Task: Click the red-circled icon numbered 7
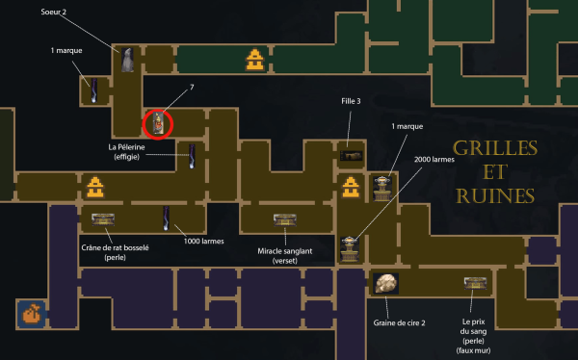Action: pyautogui.click(x=158, y=124)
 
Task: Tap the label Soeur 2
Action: pyautogui.click(x=53, y=12)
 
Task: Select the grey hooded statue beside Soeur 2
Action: pyautogui.click(x=127, y=60)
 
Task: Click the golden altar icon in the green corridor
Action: pyautogui.click(x=254, y=60)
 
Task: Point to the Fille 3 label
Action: pyautogui.click(x=351, y=101)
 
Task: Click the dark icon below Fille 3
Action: pyautogui.click(x=351, y=156)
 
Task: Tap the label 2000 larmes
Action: pyautogui.click(x=434, y=160)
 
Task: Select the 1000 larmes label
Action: pyautogui.click(x=204, y=242)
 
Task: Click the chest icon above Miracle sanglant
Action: pyautogui.click(x=285, y=220)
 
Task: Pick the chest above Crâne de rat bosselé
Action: pyautogui.click(x=103, y=219)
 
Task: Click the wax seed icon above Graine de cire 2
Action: pyautogui.click(x=385, y=283)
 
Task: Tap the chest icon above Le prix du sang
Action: pyautogui.click(x=476, y=283)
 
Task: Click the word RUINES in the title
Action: pyautogui.click(x=495, y=196)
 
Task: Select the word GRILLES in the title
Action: pyautogui.click(x=495, y=148)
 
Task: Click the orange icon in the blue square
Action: pyautogui.click(x=32, y=314)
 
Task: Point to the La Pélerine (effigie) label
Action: pyautogui.click(x=126, y=152)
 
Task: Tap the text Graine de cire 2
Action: pyautogui.click(x=399, y=323)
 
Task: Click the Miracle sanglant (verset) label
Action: pyautogui.click(x=285, y=256)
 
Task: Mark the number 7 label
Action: pyautogui.click(x=192, y=87)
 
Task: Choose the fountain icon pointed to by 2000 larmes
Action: pyautogui.click(x=350, y=249)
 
